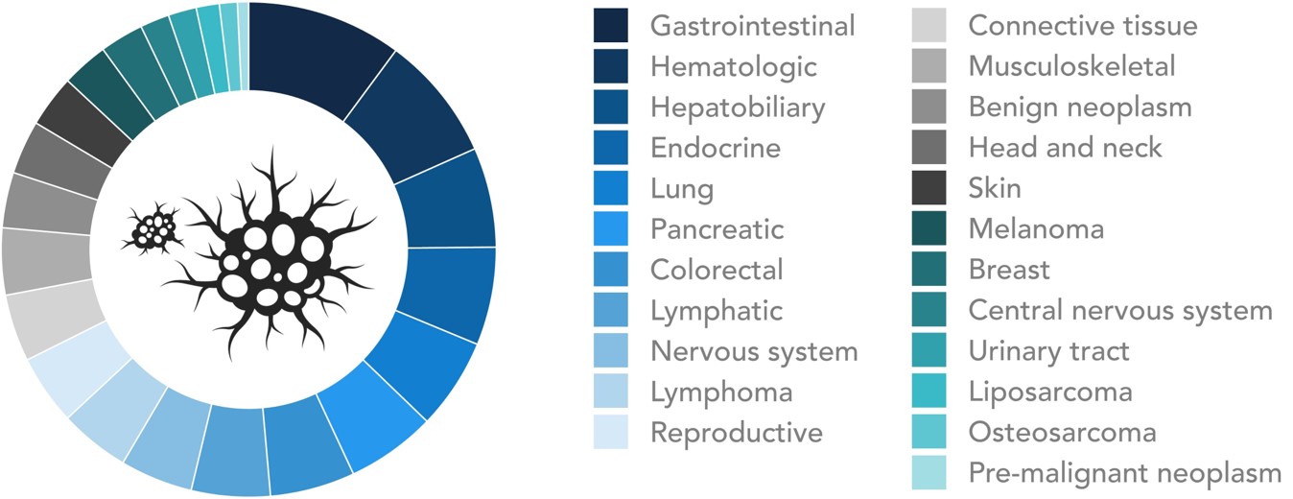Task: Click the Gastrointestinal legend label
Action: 752,26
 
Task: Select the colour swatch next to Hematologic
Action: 611,66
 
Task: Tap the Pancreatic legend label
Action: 717,229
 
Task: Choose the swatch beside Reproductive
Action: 611,432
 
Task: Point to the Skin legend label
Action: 995,188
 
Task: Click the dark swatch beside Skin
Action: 929,188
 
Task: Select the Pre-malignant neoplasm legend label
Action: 1124,473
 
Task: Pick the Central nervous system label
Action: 1120,310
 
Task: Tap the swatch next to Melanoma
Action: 929,228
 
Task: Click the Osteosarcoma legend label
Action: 1062,432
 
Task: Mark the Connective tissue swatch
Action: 929,25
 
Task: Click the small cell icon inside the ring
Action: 153,228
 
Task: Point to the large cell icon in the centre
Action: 269,254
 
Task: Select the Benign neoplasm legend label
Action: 1080,107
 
